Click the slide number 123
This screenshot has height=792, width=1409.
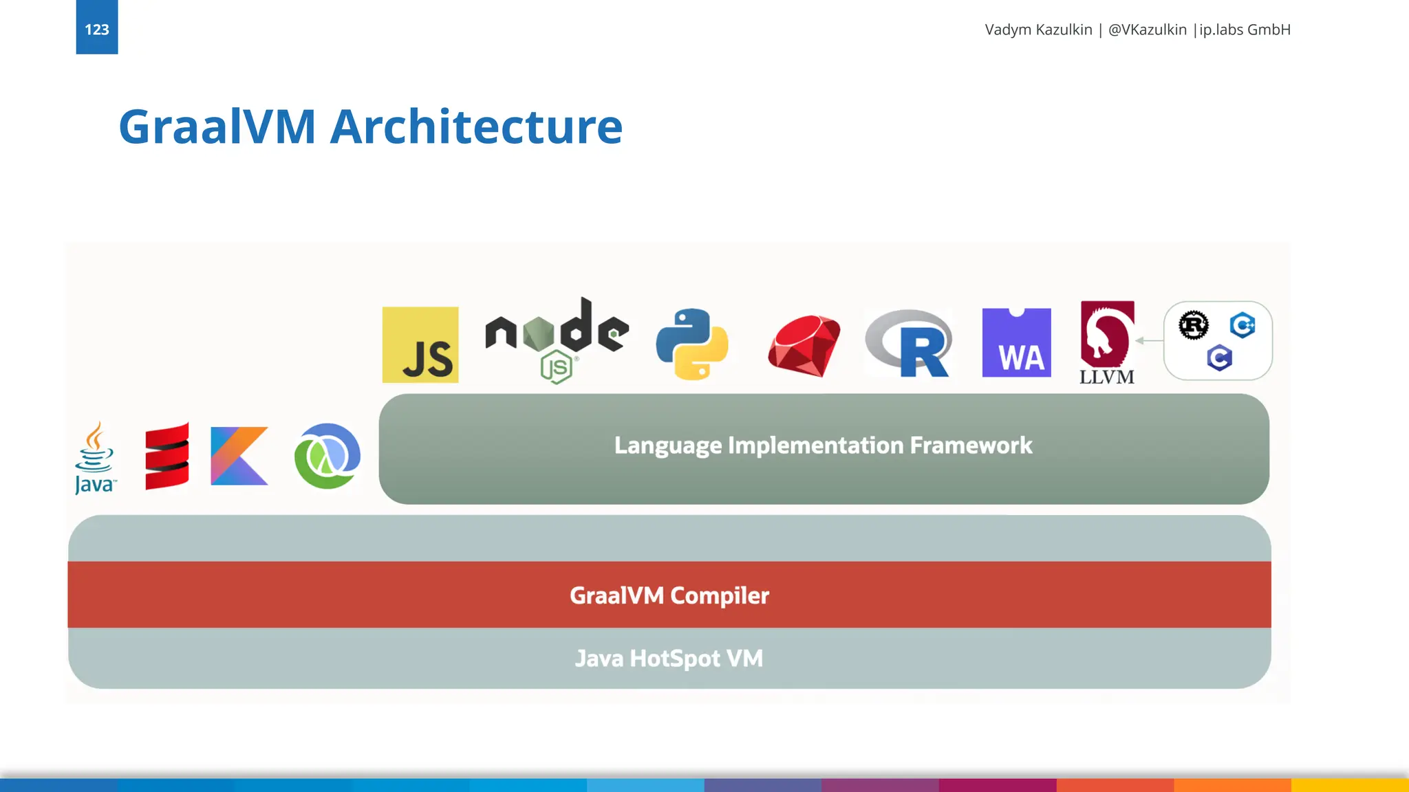coord(96,30)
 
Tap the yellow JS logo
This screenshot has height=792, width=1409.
coord(420,344)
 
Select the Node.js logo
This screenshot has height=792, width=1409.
coord(557,338)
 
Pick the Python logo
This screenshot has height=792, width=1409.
coord(692,344)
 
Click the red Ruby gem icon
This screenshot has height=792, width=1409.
coord(804,345)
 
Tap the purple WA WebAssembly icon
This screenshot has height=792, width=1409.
coord(1016,343)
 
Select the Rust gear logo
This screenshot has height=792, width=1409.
coord(1194,325)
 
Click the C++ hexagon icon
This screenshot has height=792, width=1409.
coord(1243,324)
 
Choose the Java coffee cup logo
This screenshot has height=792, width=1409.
coord(95,457)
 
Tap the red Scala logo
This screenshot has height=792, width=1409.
coord(167,456)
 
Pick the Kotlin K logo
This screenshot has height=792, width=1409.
coord(239,456)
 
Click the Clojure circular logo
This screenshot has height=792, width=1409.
coord(327,456)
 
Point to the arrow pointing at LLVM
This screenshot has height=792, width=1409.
coord(1148,340)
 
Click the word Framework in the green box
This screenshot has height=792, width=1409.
coord(971,445)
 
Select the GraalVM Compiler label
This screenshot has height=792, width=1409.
coord(669,595)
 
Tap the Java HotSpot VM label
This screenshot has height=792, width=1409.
coord(669,659)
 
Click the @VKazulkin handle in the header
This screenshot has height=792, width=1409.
coord(1147,30)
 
